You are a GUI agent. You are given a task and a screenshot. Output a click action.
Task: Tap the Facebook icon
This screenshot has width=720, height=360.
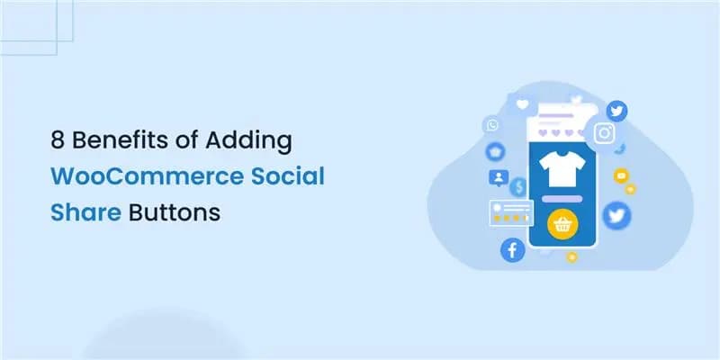click(x=512, y=250)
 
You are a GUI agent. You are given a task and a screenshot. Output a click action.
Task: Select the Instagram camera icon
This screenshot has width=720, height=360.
click(x=605, y=132)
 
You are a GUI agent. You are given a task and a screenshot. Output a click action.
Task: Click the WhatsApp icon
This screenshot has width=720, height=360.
click(x=491, y=125)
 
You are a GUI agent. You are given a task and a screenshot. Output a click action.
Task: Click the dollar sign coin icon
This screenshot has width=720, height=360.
click(x=517, y=187)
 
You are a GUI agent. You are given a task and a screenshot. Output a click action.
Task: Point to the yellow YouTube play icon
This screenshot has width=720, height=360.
click(x=619, y=176)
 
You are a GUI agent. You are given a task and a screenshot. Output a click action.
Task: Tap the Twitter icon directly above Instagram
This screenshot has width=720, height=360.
click(x=616, y=111)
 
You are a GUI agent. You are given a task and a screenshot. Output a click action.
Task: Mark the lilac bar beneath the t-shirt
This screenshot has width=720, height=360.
click(x=563, y=196)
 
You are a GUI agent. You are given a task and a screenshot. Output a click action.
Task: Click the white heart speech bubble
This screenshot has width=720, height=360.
click(x=522, y=104)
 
